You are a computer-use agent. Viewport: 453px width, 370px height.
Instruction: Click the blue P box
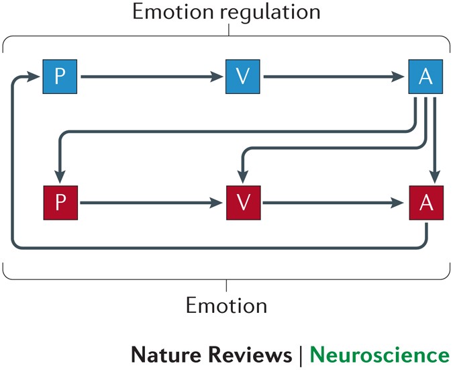click(x=60, y=77)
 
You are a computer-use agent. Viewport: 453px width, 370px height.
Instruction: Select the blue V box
click(x=244, y=77)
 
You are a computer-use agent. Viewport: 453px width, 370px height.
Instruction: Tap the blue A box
click(x=425, y=77)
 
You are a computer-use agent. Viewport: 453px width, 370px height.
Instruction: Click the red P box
click(x=60, y=201)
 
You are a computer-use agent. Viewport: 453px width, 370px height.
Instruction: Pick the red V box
click(x=244, y=201)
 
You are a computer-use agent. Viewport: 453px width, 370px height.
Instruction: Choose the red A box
click(x=425, y=201)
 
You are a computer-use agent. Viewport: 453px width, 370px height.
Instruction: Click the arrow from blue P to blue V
click(x=151, y=77)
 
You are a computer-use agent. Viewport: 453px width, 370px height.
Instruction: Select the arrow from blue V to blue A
click(x=336, y=77)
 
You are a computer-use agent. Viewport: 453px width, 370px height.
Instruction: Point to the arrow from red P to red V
click(x=151, y=201)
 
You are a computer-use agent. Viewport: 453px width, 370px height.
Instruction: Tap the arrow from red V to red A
click(x=336, y=201)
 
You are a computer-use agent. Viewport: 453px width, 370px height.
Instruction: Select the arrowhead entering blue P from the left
click(x=34, y=77)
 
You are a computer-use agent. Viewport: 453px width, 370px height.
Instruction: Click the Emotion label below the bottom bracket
click(x=226, y=306)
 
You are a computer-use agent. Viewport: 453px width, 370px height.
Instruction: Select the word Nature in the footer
click(x=162, y=355)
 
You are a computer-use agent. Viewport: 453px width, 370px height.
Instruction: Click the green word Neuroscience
click(x=380, y=355)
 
